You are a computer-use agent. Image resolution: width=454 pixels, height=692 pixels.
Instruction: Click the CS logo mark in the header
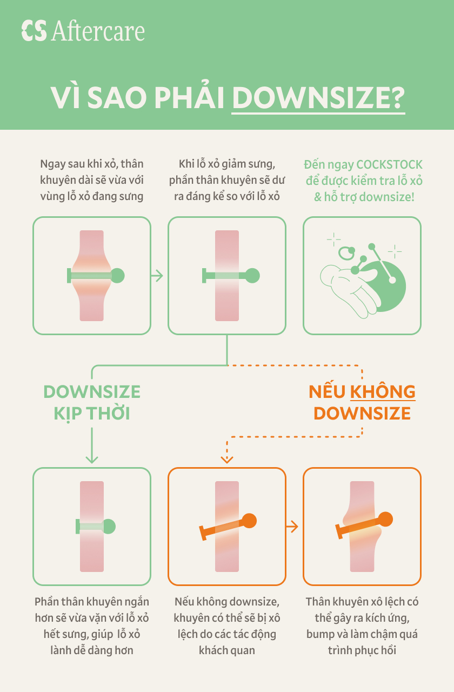coord(34,31)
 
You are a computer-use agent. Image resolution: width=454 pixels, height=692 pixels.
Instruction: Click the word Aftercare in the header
coord(98,31)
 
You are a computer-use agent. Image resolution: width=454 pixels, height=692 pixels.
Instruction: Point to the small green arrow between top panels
coord(157,276)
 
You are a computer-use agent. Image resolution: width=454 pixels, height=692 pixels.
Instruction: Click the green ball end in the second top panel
coord(252,276)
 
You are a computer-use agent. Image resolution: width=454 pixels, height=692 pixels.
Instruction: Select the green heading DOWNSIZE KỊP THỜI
coord(92,402)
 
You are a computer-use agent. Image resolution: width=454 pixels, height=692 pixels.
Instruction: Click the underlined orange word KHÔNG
coord(383,391)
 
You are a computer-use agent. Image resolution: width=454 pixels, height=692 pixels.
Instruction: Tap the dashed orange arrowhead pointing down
coord(227,459)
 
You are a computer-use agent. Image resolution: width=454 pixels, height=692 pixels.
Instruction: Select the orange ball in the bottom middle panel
coord(249,521)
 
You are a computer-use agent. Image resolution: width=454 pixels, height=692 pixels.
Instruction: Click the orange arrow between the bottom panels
coord(292,526)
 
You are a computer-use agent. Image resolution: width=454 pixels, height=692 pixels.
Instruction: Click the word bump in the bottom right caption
coord(321,634)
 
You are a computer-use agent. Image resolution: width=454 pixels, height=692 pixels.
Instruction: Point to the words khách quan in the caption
coord(227,650)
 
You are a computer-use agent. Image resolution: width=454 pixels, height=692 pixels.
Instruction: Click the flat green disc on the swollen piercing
coord(69,276)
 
